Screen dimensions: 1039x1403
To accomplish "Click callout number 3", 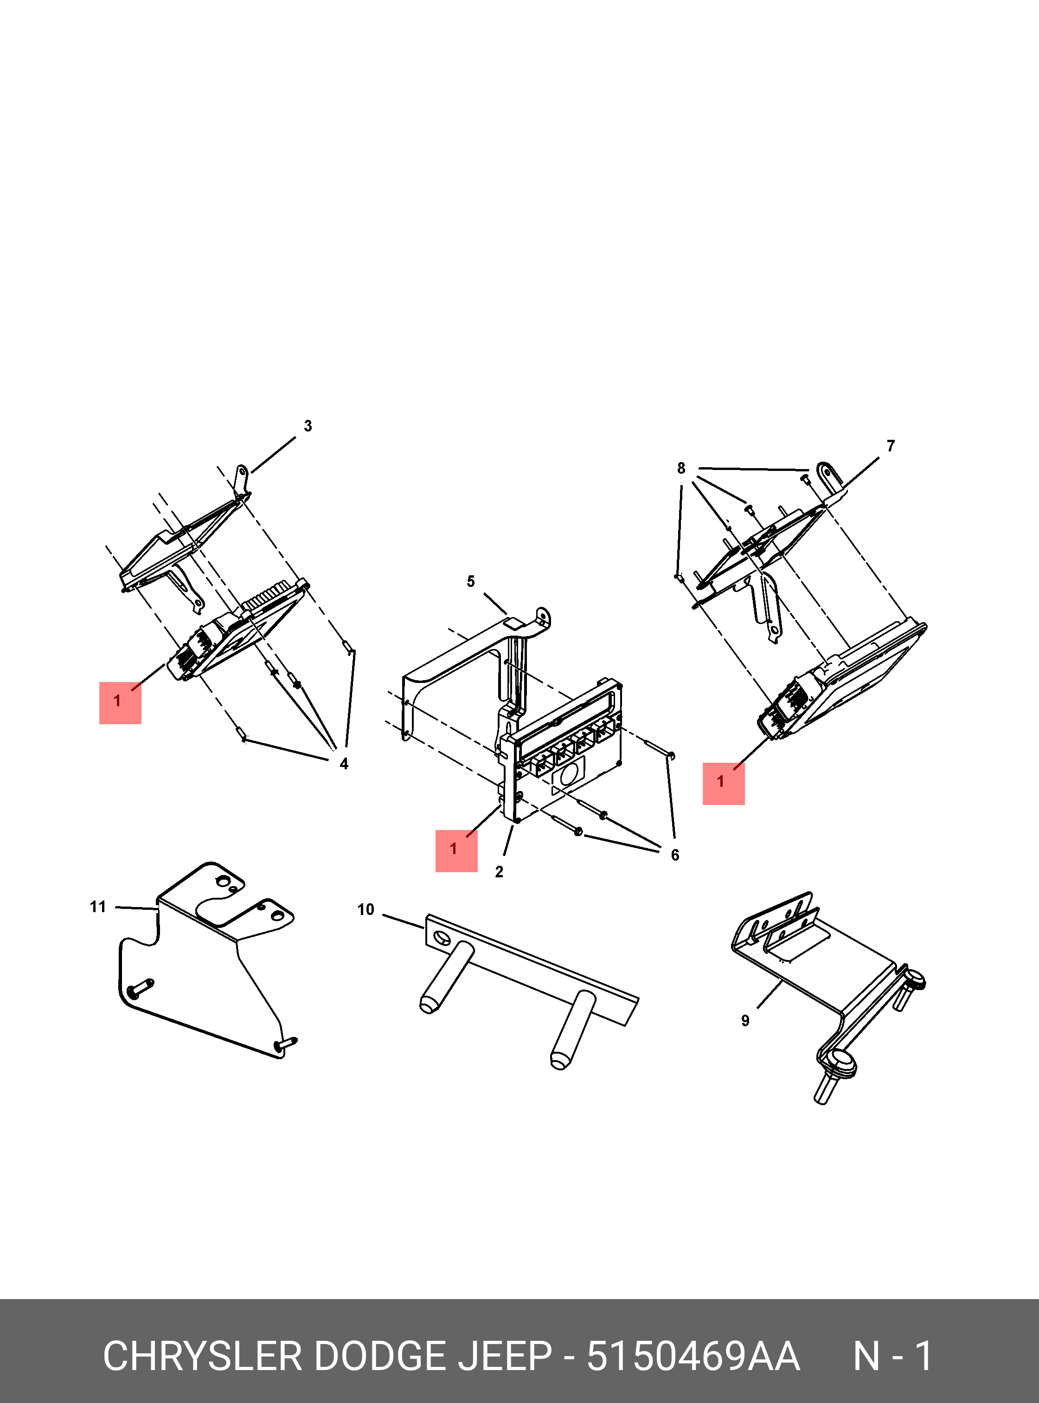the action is click(x=308, y=426).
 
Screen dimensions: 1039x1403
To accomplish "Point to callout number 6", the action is click(x=675, y=855).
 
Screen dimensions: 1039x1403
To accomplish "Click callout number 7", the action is click(x=891, y=446).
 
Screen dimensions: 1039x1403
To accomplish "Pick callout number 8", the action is click(x=681, y=468).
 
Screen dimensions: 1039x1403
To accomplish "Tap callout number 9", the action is click(x=745, y=1021).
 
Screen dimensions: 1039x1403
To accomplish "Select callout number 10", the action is click(x=366, y=910).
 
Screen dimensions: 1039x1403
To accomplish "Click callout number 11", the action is click(x=97, y=907).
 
